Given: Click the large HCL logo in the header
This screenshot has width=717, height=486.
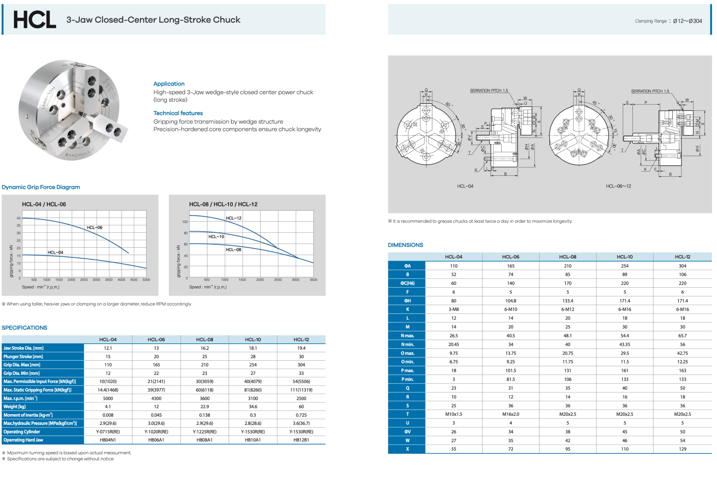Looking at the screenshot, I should point(35,20).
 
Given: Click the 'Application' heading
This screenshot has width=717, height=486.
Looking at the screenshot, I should point(169,84).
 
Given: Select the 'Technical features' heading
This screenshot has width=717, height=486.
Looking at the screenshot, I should point(178,113).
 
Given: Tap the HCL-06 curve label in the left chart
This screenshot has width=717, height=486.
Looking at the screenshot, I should point(94,227).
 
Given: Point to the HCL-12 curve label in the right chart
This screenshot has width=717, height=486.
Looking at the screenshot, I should point(234,218).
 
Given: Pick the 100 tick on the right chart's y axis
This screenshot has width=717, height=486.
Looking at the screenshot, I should point(185,222).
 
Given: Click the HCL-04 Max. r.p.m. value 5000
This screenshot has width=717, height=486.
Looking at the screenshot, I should point(108,398).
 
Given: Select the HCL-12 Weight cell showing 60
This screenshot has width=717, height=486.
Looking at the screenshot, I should point(301,406).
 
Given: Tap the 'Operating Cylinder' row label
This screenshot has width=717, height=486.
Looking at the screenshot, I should point(22,431).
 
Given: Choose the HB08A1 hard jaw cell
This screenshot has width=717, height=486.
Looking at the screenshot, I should point(205,440).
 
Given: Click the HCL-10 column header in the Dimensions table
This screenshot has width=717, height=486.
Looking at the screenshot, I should point(625,257).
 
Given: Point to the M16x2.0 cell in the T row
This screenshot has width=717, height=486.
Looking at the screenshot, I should point(510,414).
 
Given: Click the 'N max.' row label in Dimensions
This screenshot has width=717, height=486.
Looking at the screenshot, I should point(407,335).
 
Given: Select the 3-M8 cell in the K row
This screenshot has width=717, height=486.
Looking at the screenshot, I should point(454,309).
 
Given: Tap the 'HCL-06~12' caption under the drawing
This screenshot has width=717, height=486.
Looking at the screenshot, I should point(618,186).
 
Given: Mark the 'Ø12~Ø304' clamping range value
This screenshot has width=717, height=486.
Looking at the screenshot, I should point(687,21).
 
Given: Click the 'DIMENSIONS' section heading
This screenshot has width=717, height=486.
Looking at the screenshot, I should point(405,245).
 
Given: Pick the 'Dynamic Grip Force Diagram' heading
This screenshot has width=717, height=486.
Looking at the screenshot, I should point(41,187).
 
